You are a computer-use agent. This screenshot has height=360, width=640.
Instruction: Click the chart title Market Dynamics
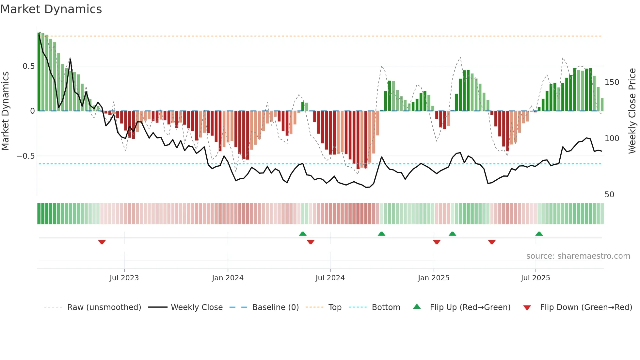(x=51, y=9)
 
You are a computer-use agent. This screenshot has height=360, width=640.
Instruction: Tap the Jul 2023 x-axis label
(x=124, y=278)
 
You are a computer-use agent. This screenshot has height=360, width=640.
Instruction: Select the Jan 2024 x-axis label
(x=228, y=278)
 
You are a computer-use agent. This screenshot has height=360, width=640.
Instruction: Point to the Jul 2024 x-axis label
(x=330, y=278)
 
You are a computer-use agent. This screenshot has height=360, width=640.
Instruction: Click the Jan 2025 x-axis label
(x=433, y=278)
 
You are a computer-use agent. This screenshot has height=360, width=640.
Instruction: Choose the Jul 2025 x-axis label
(x=535, y=278)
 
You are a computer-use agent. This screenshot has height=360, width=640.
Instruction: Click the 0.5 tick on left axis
(x=28, y=66)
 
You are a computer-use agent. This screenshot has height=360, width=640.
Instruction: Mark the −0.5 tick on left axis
(x=26, y=156)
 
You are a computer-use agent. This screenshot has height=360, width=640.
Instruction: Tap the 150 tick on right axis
(x=612, y=82)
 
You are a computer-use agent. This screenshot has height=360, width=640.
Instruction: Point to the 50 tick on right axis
(x=609, y=195)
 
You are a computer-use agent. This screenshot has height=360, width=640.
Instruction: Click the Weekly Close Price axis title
(x=632, y=111)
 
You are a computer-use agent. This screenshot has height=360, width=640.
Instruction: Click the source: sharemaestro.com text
(x=578, y=256)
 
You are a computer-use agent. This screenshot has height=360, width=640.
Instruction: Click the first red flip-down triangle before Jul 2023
(x=102, y=242)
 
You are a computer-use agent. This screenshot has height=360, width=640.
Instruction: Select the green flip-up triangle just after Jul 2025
(x=539, y=234)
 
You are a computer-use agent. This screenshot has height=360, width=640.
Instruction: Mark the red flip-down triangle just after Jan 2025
(x=437, y=242)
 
